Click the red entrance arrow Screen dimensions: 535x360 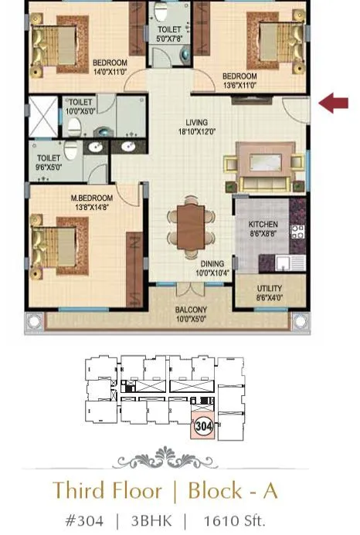pyautogui.click(x=334, y=103)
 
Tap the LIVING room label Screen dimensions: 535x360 pyautogui.click(x=196, y=122)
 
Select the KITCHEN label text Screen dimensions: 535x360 pyautogui.click(x=263, y=225)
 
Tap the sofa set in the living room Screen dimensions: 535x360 pyautogui.click(x=263, y=171)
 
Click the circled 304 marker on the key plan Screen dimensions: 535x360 pyautogui.click(x=204, y=425)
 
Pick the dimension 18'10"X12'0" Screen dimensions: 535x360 pyautogui.click(x=196, y=132)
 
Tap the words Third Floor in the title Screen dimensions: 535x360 pyautogui.click(x=107, y=491)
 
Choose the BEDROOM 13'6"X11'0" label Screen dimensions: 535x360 pyautogui.click(x=239, y=80)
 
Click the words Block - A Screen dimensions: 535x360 pyautogui.click(x=232, y=491)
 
